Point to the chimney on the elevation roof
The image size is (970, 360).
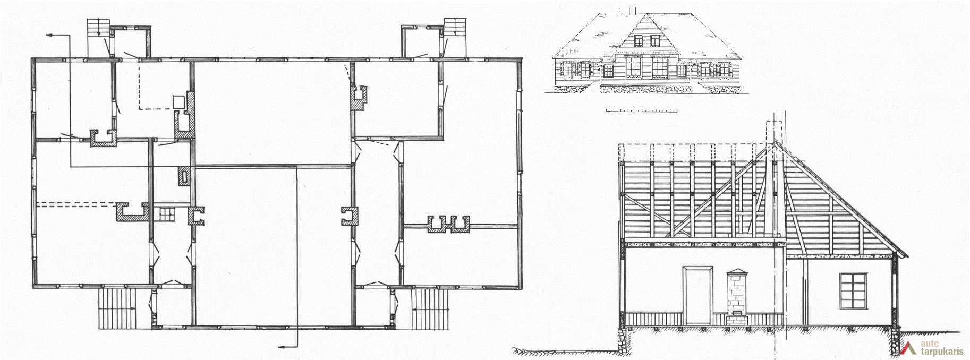[x=632, y=10]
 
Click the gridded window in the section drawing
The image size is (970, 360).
[x=853, y=290]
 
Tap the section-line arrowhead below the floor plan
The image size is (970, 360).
[x=283, y=347]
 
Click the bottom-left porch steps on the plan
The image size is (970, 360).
[x=118, y=308]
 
